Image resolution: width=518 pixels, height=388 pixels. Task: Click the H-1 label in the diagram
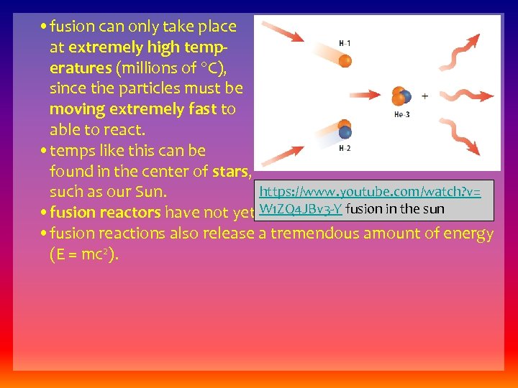tap(345, 44)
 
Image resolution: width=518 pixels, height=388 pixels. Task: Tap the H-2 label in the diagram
tap(345, 149)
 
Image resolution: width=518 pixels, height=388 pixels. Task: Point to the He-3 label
tap(401, 115)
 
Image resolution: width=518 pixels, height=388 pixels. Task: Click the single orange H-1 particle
tap(345, 60)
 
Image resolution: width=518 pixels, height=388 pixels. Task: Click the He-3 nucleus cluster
tap(401, 97)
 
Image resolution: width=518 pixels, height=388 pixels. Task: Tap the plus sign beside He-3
tap(424, 96)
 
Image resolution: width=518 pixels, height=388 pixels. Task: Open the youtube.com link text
tap(370, 192)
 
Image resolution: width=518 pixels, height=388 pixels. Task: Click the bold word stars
tap(231, 171)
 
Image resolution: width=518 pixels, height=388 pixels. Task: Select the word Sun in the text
tap(150, 192)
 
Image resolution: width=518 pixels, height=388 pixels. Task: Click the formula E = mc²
tap(84, 254)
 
